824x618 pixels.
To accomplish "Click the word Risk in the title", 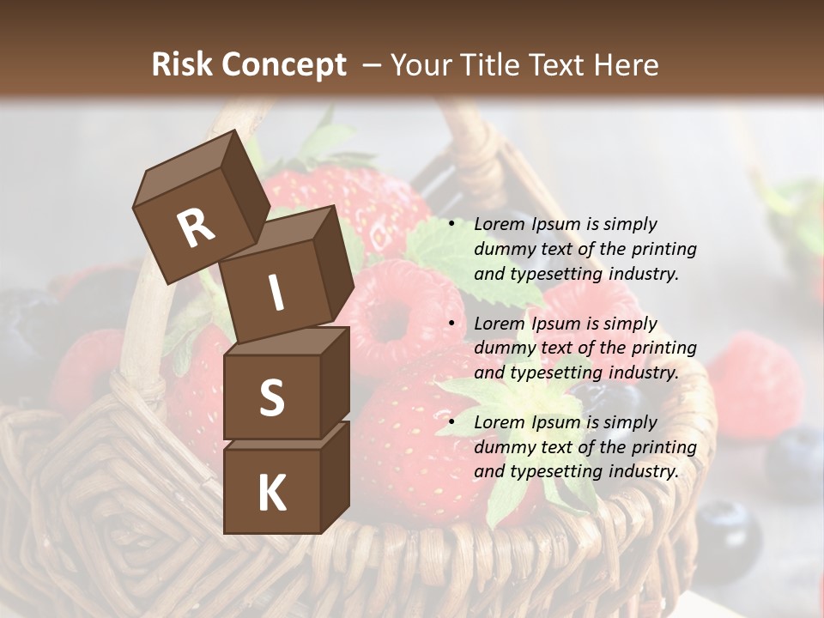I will coord(181,64).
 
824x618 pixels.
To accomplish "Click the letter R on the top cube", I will coord(196,227).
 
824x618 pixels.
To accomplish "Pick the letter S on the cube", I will coord(271,397).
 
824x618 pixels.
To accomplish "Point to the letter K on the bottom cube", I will coord(271,494).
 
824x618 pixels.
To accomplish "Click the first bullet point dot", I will coord(452,225).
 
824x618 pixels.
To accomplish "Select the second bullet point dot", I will coord(452,324).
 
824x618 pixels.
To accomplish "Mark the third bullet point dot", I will coord(452,423).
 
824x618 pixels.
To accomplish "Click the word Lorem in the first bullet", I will coord(499,225).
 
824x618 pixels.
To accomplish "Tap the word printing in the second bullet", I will coord(663,348).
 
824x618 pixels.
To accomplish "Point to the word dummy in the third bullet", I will coord(502,447).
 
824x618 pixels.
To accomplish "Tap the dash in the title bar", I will coord(373,64).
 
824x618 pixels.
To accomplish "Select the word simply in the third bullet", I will coord(630,422).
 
